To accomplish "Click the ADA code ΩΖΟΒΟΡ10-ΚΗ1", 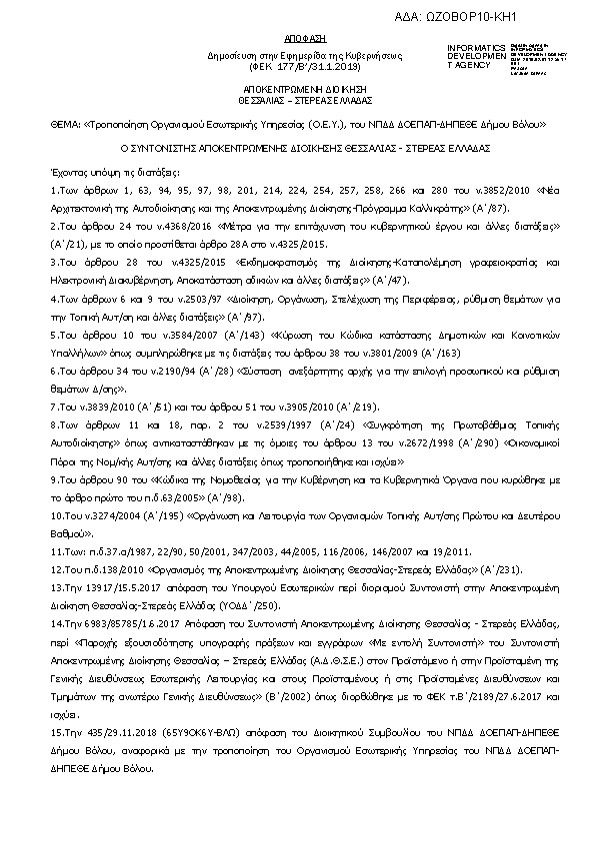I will [526, 17].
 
